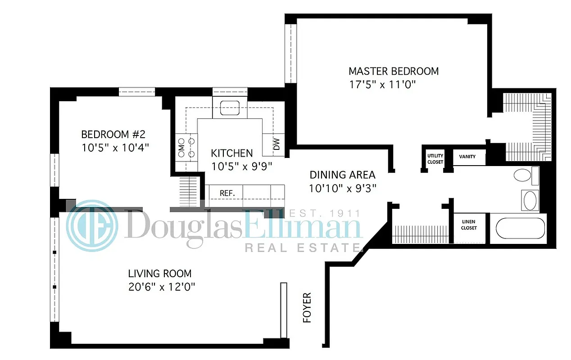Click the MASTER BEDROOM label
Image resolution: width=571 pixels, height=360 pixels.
pos(394,71)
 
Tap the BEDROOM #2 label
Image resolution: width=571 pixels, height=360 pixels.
pos(113,135)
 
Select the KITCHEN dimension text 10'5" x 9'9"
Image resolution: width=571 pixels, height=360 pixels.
pos(242,166)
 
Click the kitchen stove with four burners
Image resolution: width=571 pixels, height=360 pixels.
pos(186,147)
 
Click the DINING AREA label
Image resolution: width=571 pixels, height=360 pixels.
pos(342,175)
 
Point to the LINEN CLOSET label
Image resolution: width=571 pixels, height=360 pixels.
pos(469,225)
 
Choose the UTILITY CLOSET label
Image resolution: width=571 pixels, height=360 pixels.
pos(435,159)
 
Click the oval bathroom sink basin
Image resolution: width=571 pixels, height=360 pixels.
pos(529,201)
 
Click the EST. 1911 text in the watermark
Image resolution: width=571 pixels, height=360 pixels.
pos(324,213)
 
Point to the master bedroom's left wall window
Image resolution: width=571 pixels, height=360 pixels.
pos(291,53)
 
